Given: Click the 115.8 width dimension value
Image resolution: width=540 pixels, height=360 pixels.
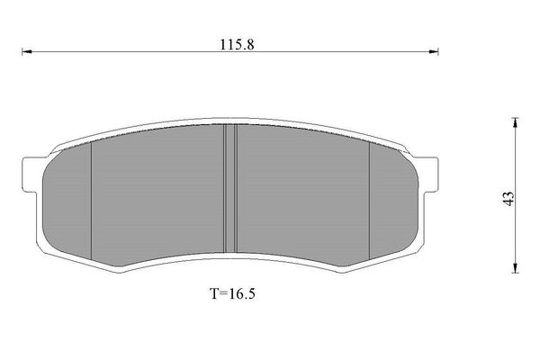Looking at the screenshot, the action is point(237,44).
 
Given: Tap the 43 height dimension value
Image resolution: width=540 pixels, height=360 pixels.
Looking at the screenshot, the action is point(508,198).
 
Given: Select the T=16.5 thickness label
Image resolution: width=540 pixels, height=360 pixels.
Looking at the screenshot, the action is point(233,293).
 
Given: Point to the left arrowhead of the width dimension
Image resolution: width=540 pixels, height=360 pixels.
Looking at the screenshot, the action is point(27,51).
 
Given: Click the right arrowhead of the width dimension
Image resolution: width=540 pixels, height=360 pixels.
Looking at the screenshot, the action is point(433,51).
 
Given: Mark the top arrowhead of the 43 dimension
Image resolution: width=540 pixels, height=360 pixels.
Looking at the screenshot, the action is point(515,122).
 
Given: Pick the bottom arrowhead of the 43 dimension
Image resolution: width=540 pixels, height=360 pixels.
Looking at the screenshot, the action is point(515,268).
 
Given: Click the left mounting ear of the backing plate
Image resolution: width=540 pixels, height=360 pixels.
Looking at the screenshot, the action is point(31,175).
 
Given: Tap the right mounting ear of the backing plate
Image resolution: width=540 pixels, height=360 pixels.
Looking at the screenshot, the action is point(428,174).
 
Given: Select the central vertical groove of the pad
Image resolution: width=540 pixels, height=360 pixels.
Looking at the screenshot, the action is point(230,188).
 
